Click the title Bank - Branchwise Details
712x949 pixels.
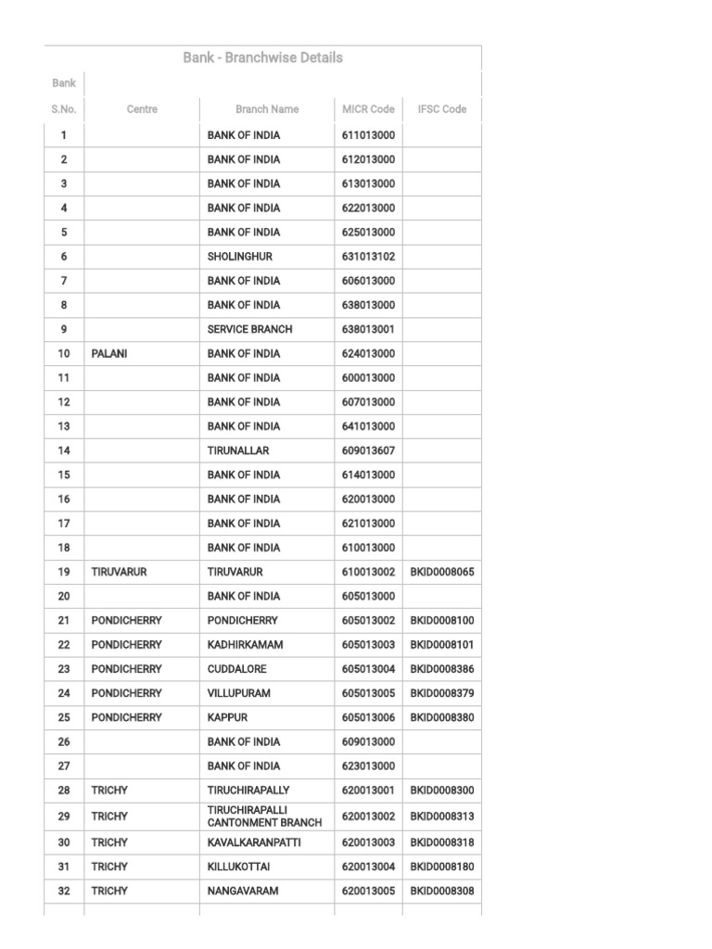262,57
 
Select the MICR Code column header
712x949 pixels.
368,109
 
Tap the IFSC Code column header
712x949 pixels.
441,109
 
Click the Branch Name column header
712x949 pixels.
267,109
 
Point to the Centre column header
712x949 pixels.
142,109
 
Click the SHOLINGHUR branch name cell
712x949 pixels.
240,257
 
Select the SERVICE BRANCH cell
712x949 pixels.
249,329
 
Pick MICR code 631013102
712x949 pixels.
368,257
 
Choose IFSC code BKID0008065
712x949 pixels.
441,573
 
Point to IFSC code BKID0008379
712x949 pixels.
441,693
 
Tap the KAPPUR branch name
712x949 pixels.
227,717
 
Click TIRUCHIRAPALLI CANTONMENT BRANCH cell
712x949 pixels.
264,816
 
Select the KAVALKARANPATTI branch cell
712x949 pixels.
254,842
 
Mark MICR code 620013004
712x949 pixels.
368,867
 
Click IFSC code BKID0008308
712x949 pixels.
441,891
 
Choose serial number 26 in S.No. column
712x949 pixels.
64,741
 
